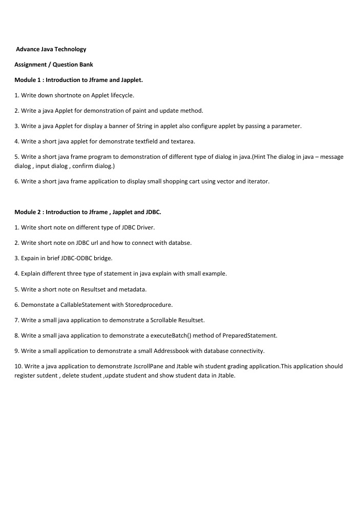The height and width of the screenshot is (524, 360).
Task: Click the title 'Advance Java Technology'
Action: [51, 49]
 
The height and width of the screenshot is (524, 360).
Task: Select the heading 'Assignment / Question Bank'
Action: [54, 65]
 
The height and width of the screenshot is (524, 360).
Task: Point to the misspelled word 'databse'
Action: [180, 243]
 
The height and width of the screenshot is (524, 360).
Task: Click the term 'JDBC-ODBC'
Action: [75, 258]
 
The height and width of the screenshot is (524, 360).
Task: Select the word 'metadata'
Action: [127, 289]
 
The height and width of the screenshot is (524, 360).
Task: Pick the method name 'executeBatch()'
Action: [186, 336]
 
